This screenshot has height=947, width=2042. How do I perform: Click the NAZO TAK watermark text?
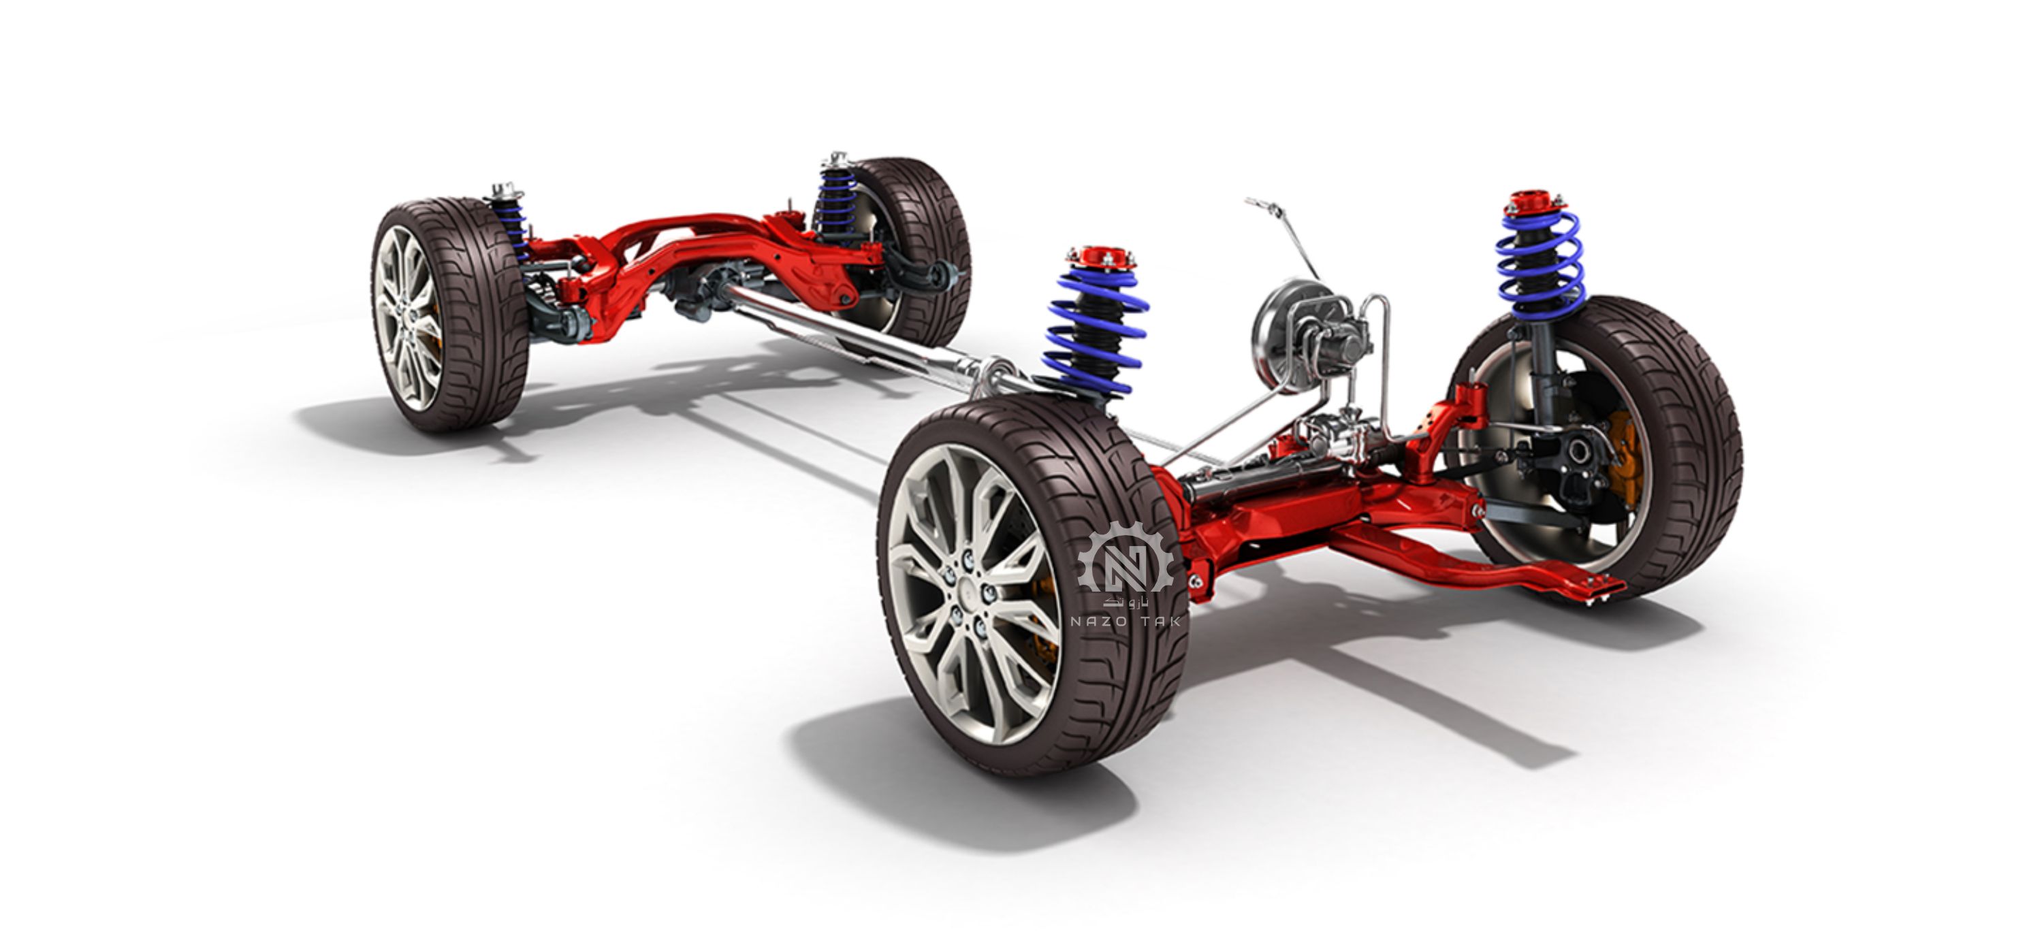pos(1125,622)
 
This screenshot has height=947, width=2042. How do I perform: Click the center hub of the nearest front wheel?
pos(969,592)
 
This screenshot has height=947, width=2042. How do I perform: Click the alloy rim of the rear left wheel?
pos(406,317)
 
